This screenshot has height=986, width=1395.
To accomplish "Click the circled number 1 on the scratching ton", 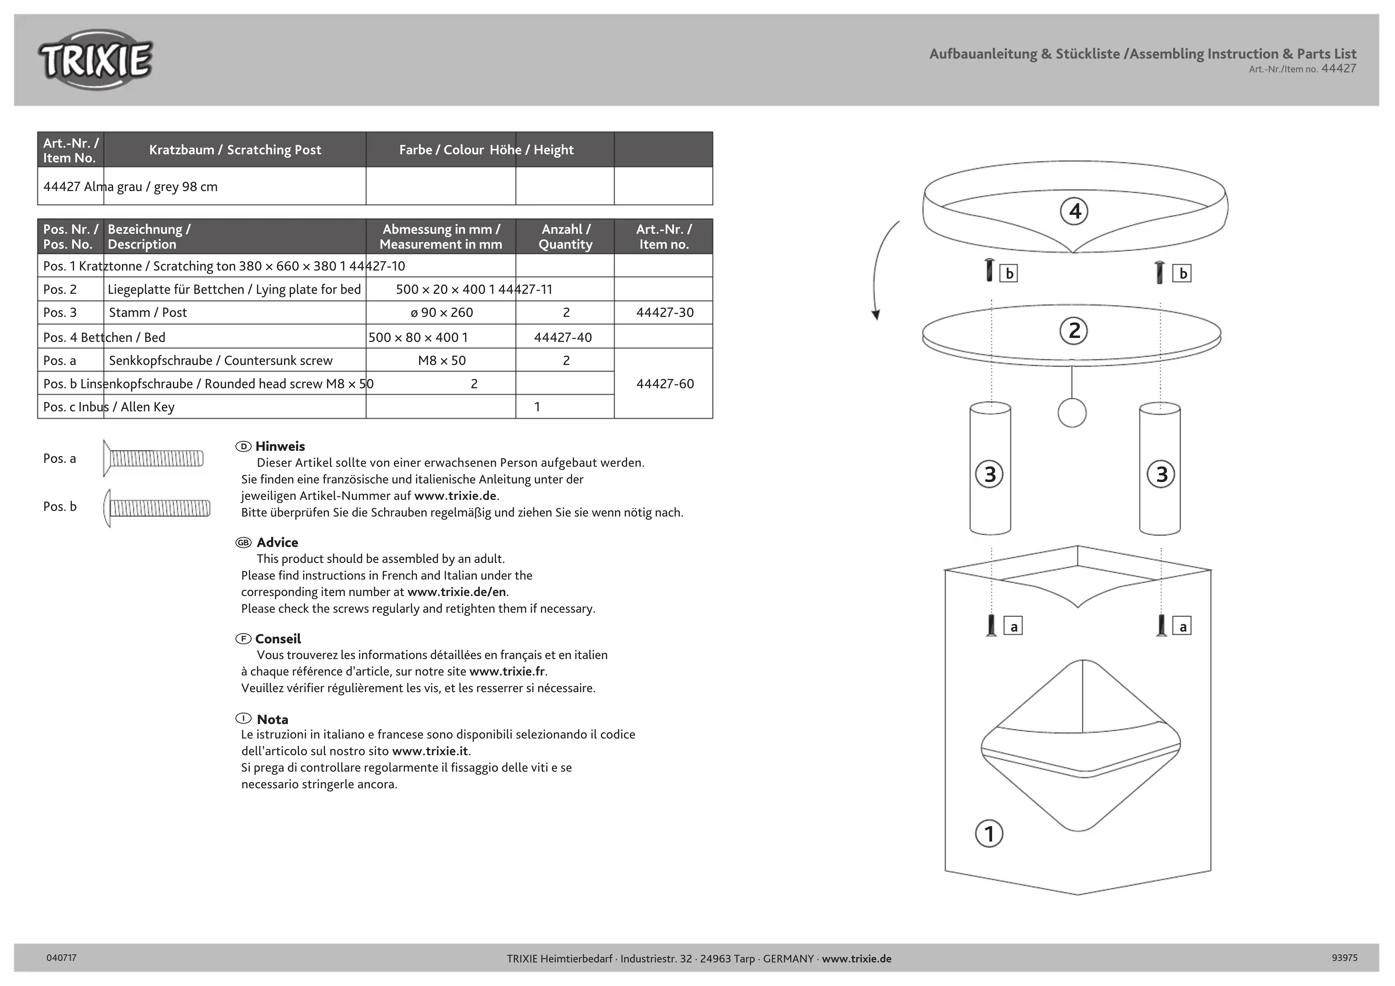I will (989, 833).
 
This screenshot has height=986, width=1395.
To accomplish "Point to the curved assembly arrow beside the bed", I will (881, 267).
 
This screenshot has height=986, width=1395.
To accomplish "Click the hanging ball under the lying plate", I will (1072, 413).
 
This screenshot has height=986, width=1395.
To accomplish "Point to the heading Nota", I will (272, 719).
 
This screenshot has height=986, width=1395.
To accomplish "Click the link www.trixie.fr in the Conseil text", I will (507, 671).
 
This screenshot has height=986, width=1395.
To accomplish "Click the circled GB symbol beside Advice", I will (243, 543).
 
